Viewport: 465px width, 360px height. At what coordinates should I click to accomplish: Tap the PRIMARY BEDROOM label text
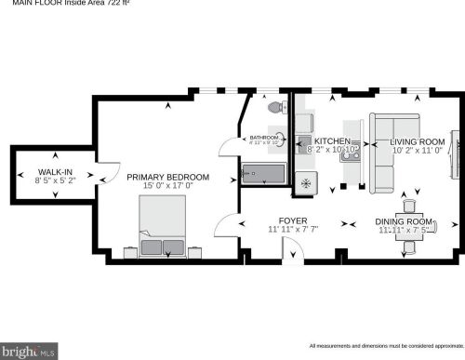[168, 177]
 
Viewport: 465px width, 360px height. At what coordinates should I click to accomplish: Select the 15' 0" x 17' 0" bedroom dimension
[168, 186]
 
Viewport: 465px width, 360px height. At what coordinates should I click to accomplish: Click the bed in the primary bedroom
[162, 232]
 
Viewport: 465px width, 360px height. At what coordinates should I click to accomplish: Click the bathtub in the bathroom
[264, 174]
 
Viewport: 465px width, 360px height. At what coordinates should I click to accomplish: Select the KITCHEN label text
[332, 141]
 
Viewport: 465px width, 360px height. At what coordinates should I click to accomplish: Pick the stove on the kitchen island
[351, 157]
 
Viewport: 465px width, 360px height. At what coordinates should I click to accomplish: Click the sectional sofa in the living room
[391, 140]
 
